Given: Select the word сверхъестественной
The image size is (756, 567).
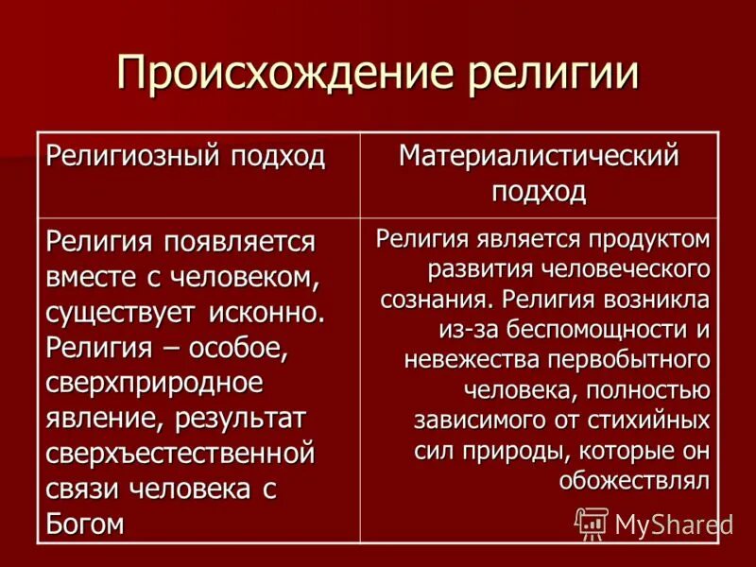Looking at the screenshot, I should click(x=180, y=454).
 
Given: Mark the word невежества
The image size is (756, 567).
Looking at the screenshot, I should click(x=460, y=360).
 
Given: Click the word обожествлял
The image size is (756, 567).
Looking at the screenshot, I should click(x=633, y=480).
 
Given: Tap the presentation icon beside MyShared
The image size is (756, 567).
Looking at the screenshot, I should click(x=592, y=523).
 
